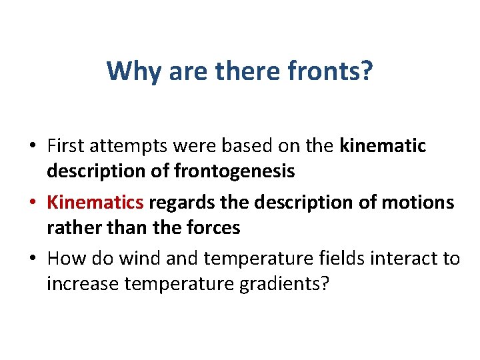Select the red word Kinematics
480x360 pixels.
95,201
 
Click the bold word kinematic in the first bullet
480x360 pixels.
383,145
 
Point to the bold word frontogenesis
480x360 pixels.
234,171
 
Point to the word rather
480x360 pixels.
68,227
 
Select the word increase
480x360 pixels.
79,283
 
